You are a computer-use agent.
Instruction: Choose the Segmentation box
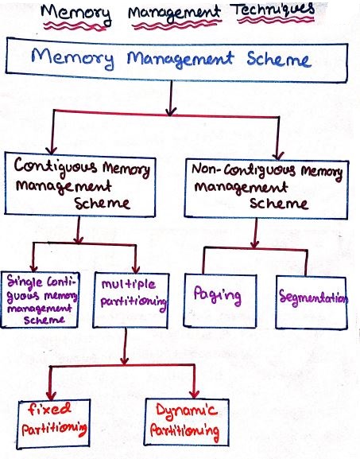click(312, 301)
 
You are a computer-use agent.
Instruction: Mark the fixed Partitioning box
click(52, 421)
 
